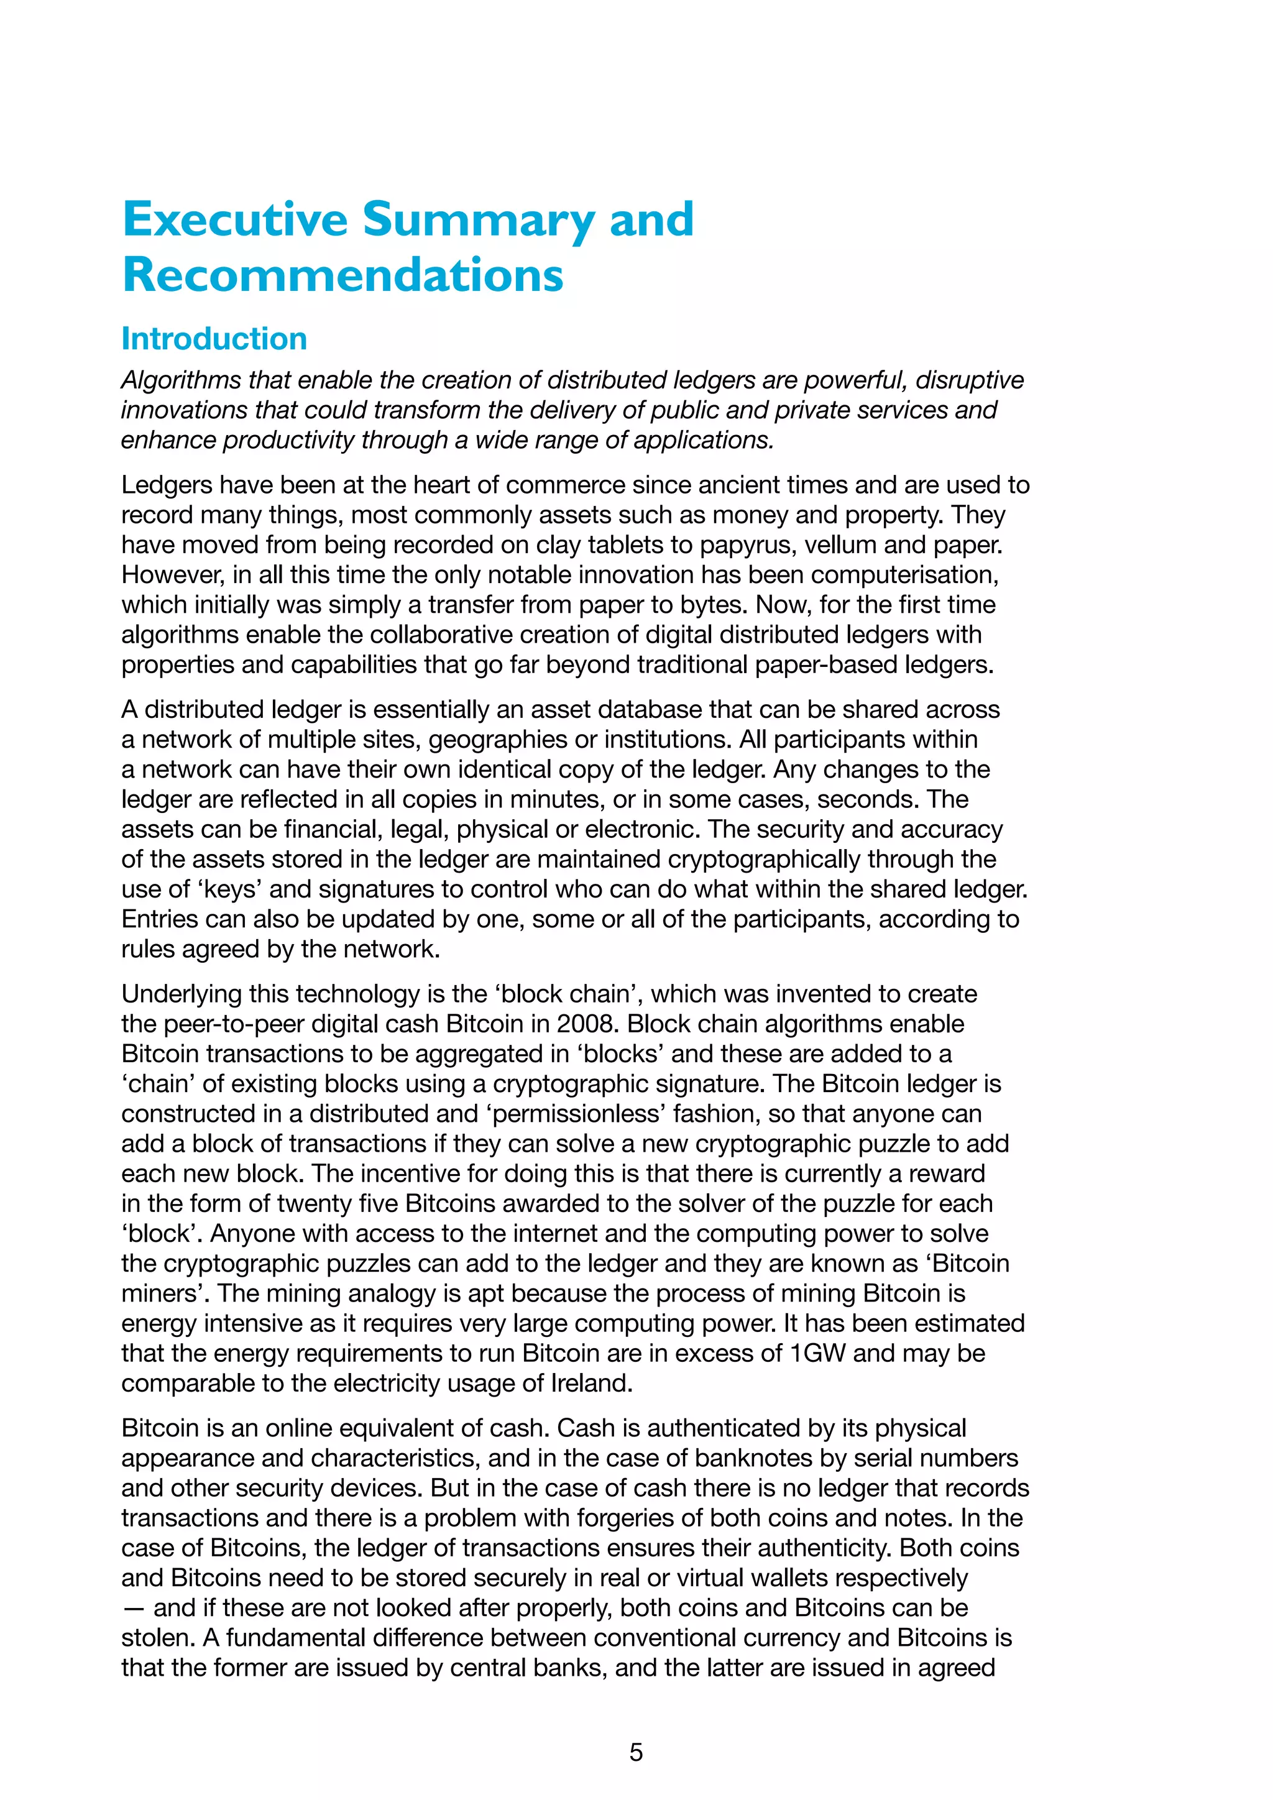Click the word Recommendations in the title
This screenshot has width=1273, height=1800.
coord(342,275)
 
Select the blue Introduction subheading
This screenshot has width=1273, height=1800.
coord(214,339)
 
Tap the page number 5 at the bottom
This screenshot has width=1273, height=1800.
coord(636,1752)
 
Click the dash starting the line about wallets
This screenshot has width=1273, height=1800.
coord(133,1608)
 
